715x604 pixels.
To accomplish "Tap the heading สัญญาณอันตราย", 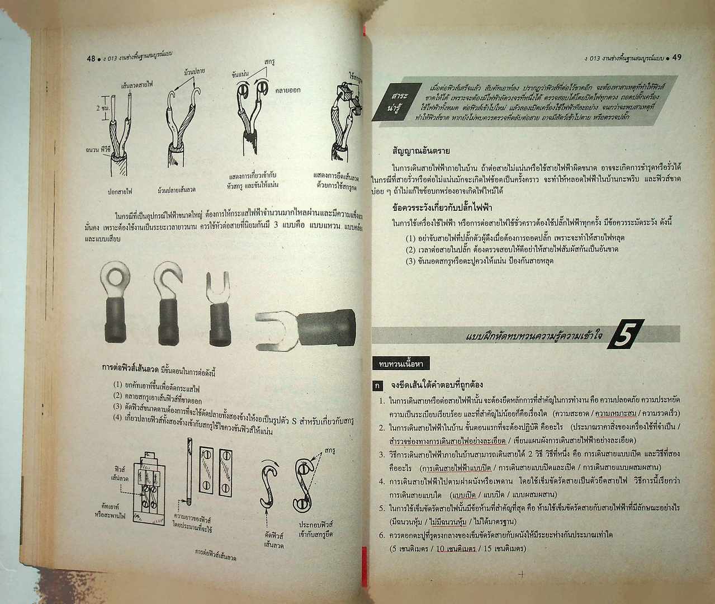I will click(422, 151).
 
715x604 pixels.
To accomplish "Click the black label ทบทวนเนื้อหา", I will click(400, 365).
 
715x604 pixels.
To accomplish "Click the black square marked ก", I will click(378, 386).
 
